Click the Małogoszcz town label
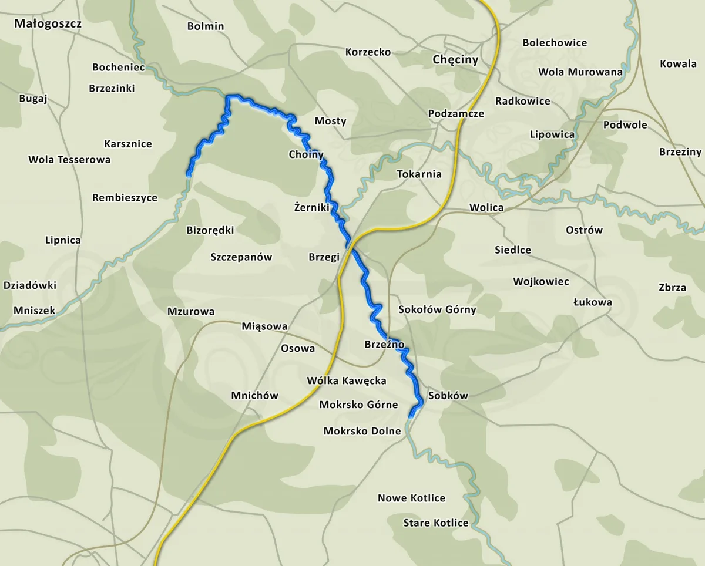click(48, 24)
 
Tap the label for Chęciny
click(455, 59)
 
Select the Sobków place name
click(448, 395)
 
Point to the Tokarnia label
click(419, 174)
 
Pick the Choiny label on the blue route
click(306, 154)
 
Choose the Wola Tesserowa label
click(69, 159)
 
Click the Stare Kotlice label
click(436, 523)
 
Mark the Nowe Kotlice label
click(411, 498)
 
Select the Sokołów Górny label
click(437, 309)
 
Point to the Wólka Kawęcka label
click(347, 380)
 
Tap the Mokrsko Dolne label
click(362, 431)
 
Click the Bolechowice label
click(555, 43)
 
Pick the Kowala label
click(678, 63)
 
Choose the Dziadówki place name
click(30, 285)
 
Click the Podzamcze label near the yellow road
click(456, 113)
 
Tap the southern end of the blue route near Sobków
click(410, 415)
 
